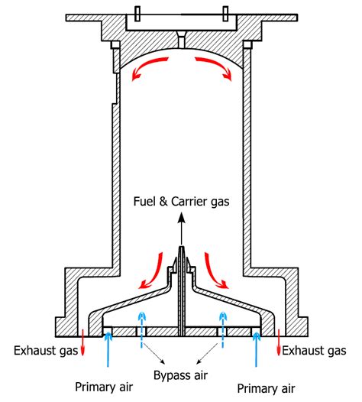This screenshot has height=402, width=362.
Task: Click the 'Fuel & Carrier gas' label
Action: point(181,201)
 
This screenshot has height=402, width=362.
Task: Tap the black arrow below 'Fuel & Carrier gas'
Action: point(181,229)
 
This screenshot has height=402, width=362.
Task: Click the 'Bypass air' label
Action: point(180,377)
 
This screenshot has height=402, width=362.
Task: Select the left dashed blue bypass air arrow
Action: point(140,329)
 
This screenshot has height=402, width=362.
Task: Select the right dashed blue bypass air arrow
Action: point(222,329)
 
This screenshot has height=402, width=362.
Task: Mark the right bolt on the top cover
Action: point(226,13)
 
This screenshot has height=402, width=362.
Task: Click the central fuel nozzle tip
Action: point(181,252)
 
